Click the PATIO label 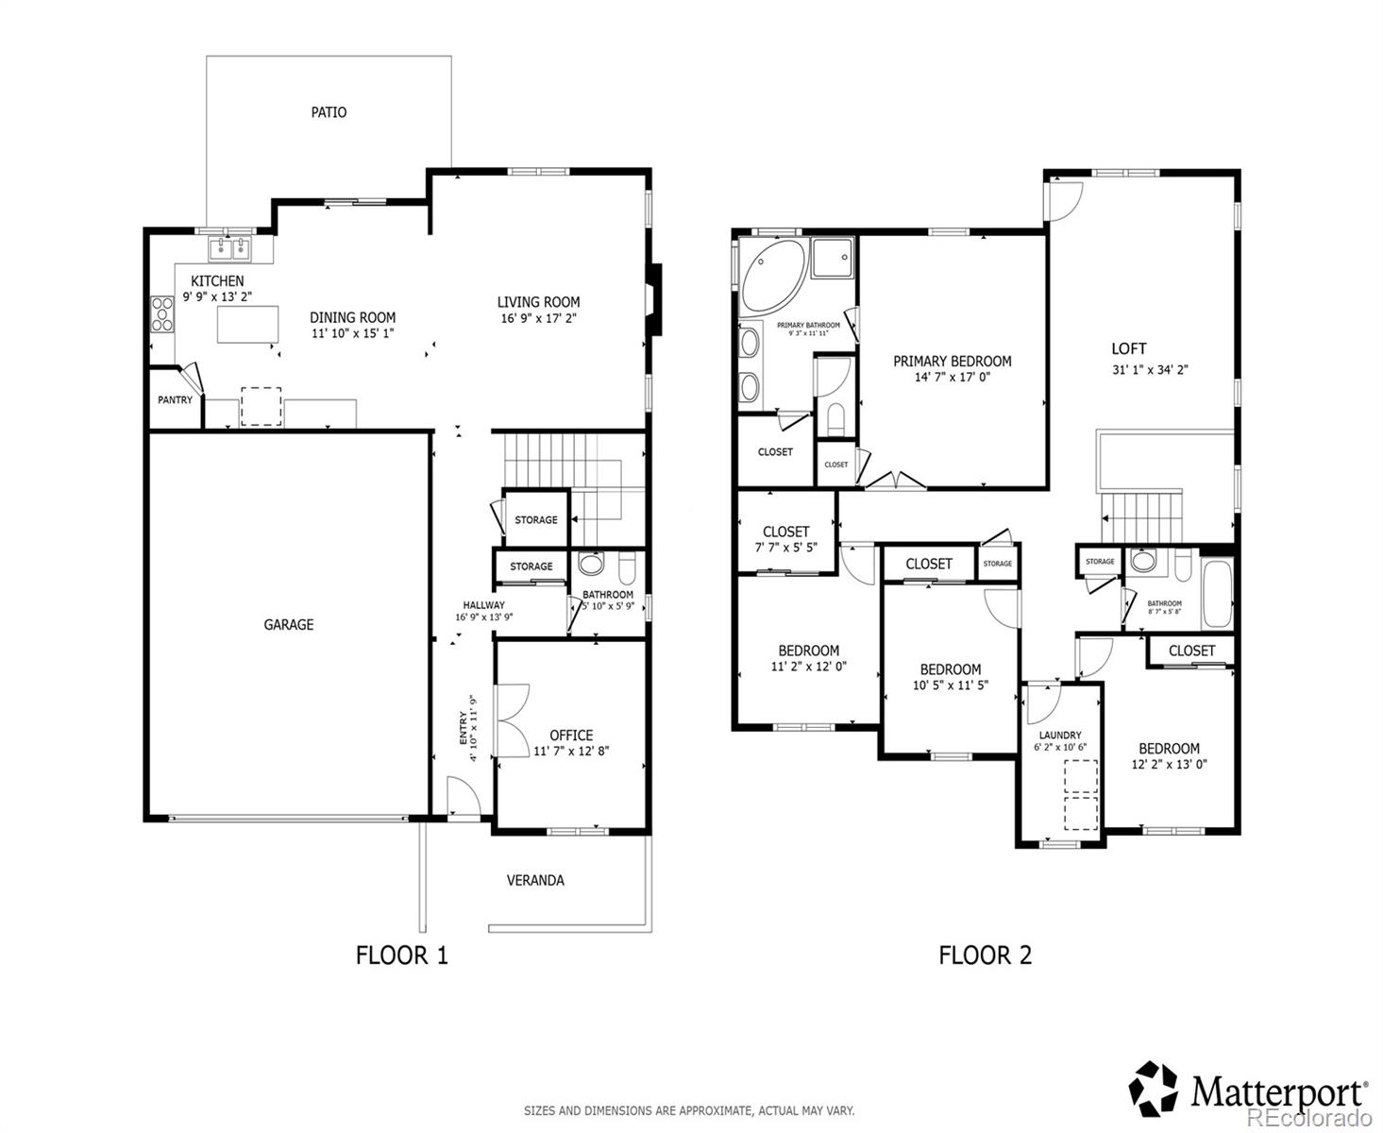(329, 112)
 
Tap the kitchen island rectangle (248, 324)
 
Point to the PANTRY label (175, 400)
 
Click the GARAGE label (288, 624)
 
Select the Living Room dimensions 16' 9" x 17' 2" (538, 318)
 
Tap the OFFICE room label (571, 735)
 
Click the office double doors (511, 719)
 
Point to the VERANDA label (535, 880)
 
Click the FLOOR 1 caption (401, 955)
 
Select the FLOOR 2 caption (985, 955)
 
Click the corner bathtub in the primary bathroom (771, 275)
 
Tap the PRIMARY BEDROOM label (952, 361)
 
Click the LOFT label (1128, 348)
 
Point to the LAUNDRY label (1059, 736)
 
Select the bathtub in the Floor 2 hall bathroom (1216, 594)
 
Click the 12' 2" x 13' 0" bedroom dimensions (1169, 765)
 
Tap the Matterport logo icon (1154, 1087)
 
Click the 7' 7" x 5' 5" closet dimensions (785, 548)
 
